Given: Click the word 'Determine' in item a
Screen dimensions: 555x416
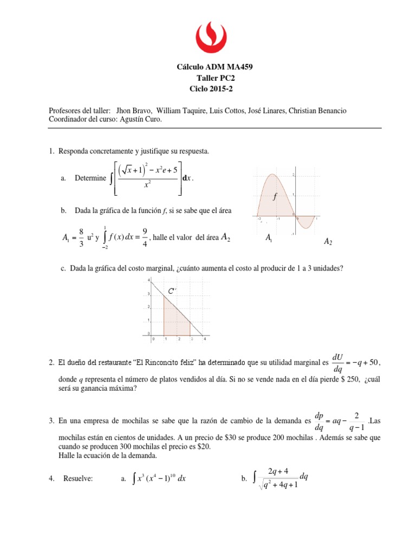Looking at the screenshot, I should [90, 178].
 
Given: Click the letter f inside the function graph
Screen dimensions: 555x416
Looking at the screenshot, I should [275, 197].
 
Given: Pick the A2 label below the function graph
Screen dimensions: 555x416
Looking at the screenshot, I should [328, 242].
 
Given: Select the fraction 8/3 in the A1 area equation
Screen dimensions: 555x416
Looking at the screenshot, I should [81, 236].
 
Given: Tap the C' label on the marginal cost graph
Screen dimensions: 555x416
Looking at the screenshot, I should [172, 292].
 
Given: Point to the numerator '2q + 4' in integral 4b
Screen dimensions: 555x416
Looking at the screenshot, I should [279, 469].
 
